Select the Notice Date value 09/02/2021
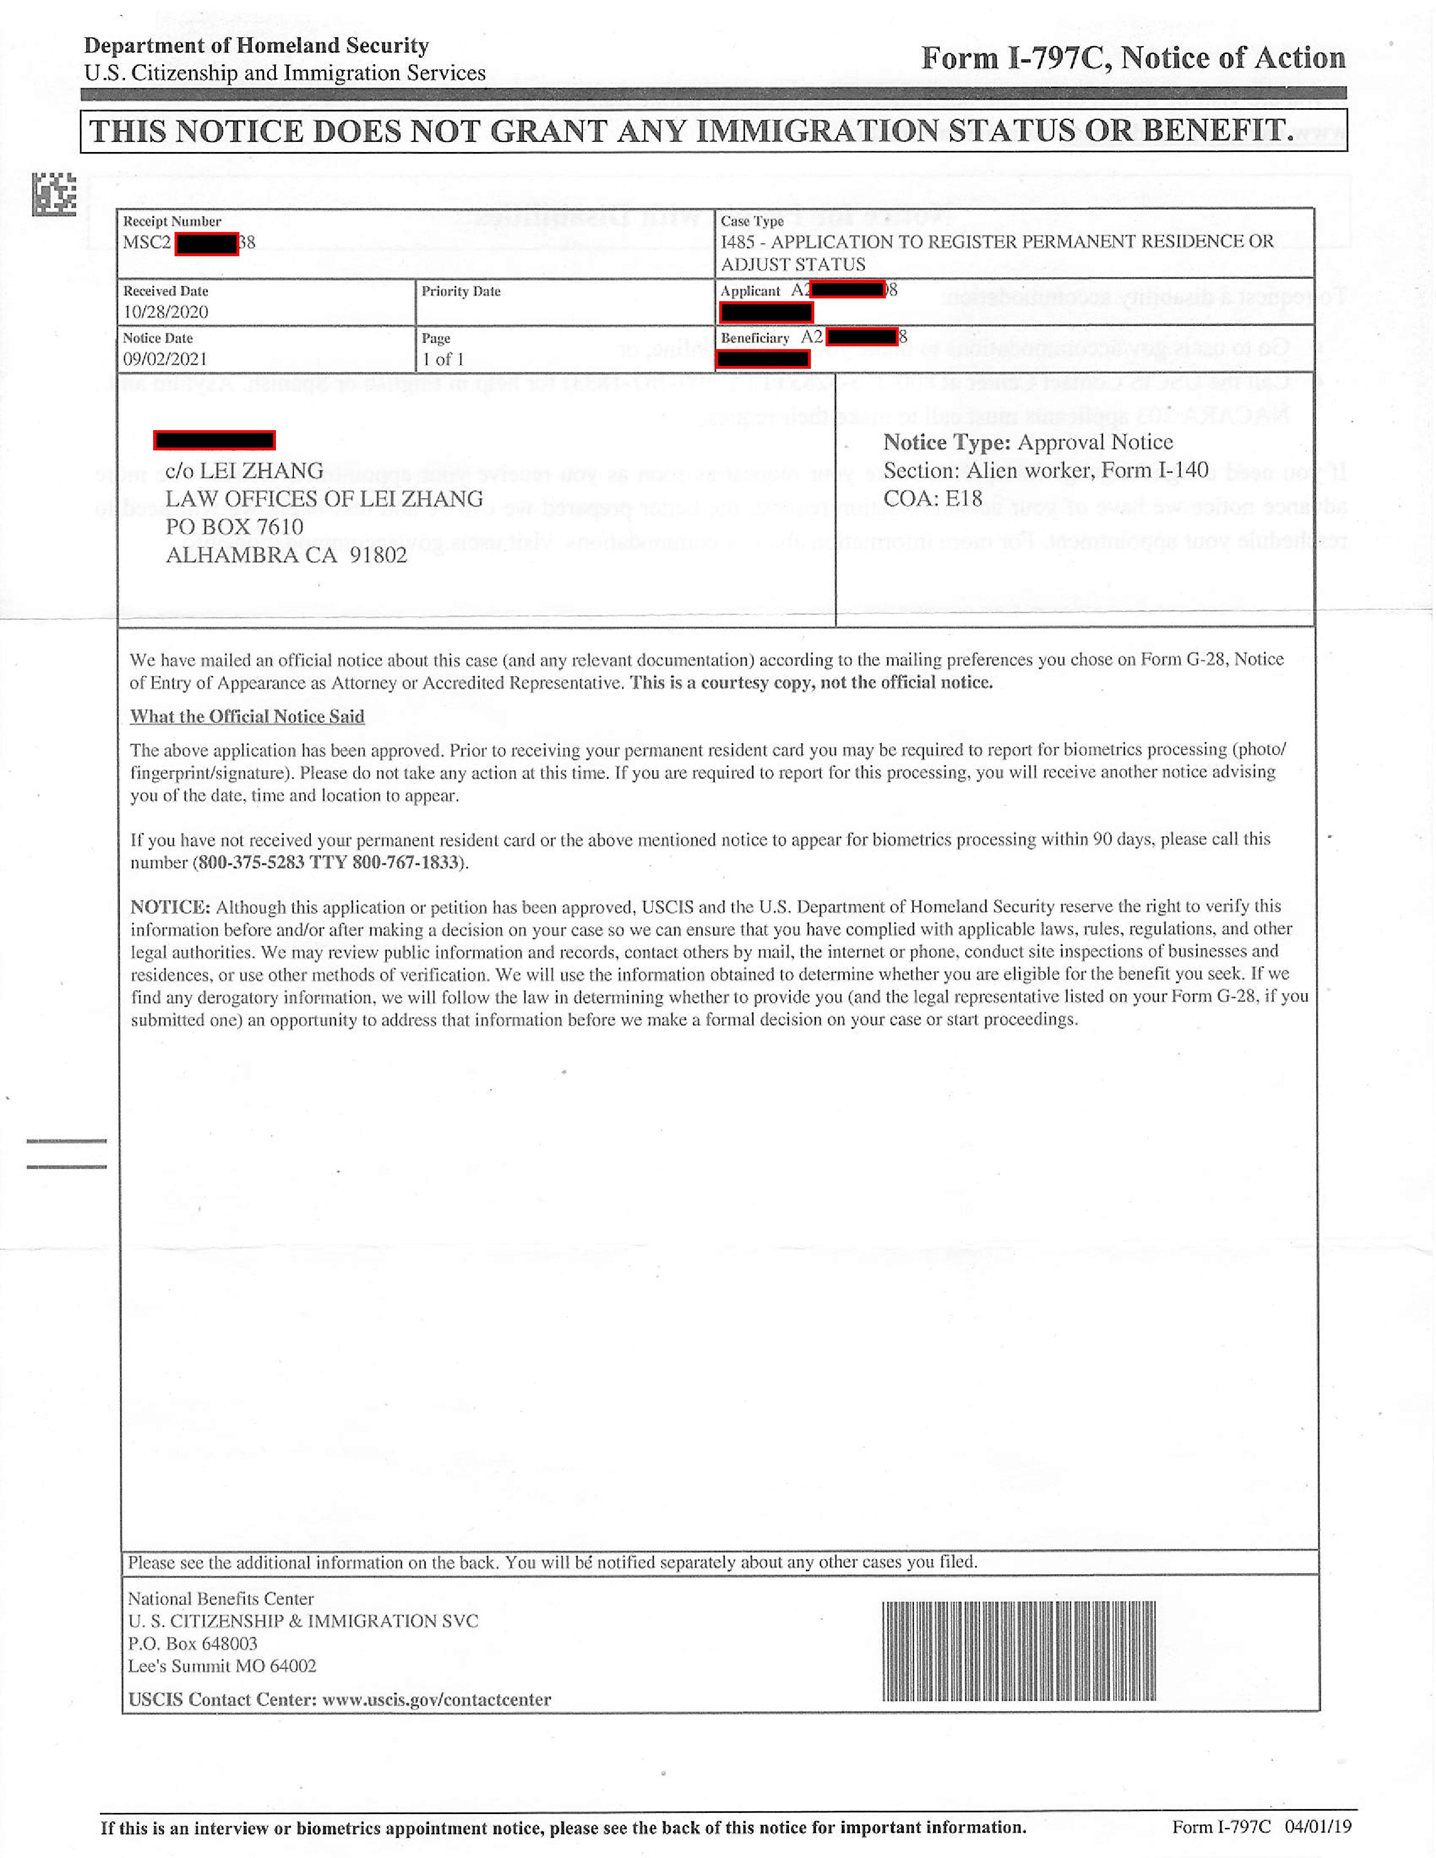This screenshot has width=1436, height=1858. (x=165, y=359)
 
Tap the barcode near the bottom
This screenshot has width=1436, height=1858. (x=1018, y=1651)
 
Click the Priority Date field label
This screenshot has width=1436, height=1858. (x=460, y=291)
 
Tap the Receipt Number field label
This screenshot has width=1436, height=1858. (x=172, y=221)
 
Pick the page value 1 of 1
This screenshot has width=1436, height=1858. (x=443, y=359)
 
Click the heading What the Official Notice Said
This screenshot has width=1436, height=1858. (x=247, y=716)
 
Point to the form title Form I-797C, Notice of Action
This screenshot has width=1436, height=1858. (x=1133, y=58)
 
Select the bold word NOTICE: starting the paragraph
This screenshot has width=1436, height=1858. (x=170, y=907)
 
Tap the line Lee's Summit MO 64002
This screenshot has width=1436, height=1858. (x=222, y=1667)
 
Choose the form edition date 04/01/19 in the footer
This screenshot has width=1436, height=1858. (x=1318, y=1826)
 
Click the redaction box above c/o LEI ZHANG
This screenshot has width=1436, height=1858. (x=215, y=440)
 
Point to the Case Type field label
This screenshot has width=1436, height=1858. (x=752, y=221)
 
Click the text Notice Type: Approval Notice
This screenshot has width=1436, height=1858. (x=1028, y=443)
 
